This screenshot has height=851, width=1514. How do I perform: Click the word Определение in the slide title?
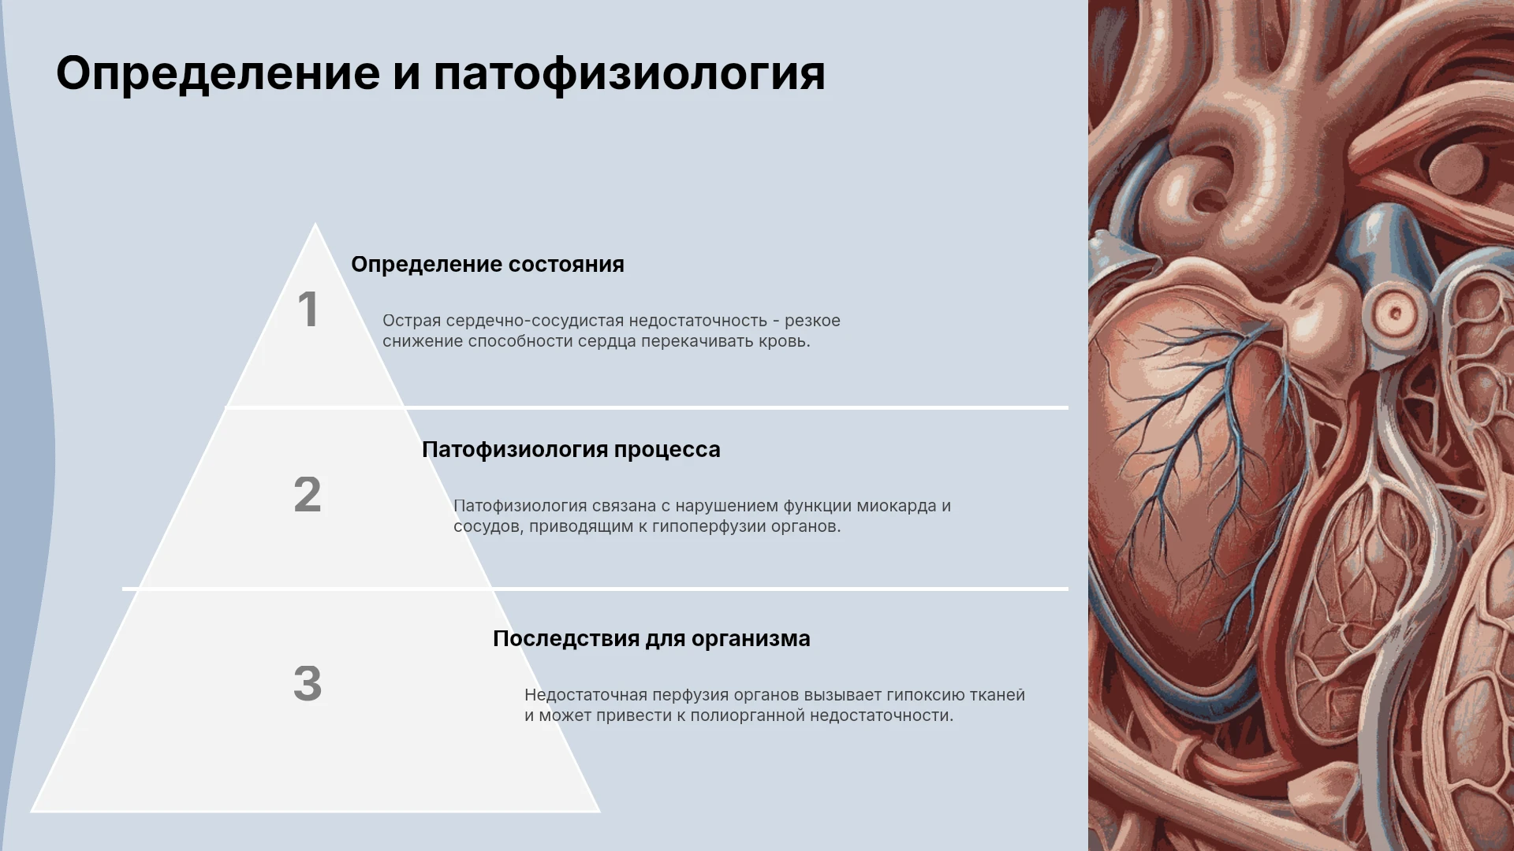tap(218, 74)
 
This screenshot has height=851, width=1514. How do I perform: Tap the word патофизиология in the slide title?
tap(629, 74)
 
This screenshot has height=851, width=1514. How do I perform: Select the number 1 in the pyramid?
tap(308, 309)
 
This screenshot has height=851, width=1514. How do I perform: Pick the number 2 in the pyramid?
tap(308, 495)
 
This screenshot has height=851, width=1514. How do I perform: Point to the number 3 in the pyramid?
tap(308, 683)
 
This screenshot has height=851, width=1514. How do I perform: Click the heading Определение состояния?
tap(487, 265)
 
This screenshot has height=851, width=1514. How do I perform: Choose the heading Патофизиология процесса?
tap(571, 450)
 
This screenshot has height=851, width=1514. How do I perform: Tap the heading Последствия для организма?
tap(651, 638)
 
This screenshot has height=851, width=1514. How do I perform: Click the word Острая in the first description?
tap(412, 321)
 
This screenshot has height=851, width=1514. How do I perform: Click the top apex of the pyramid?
tap(315, 224)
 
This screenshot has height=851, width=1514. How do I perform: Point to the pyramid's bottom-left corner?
tap(32, 811)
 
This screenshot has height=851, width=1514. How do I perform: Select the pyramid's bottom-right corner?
tap(599, 811)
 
